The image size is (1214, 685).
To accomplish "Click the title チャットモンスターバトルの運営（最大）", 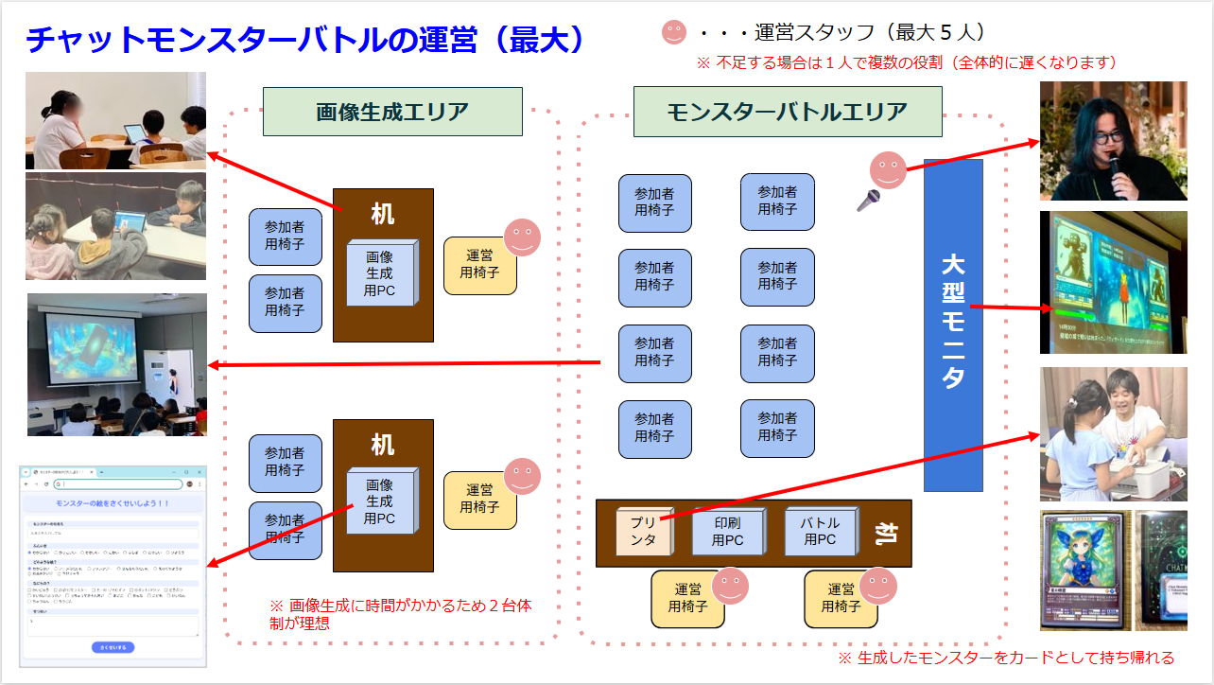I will (x=304, y=40).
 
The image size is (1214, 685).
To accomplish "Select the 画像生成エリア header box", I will (x=392, y=112).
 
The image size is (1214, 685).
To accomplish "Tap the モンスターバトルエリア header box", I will (x=787, y=112).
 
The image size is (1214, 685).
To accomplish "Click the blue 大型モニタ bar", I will (x=953, y=325).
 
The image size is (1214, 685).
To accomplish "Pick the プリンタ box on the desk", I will (x=643, y=532).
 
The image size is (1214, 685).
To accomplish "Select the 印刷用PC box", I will (x=726, y=532).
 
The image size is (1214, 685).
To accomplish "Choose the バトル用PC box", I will (x=820, y=532).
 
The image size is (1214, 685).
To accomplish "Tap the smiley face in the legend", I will (x=673, y=33).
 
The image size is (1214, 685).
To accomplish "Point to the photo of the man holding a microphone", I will (x=1113, y=141).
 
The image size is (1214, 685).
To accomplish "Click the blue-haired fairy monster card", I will (x=1084, y=571).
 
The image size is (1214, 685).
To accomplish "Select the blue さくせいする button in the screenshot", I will (x=113, y=647).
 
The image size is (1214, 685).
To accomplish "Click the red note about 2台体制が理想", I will (x=401, y=613).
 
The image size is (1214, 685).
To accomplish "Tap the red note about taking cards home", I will (x=1006, y=658).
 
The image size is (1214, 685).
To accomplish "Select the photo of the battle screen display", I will (x=1113, y=282).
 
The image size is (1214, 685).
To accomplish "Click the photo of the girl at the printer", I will (x=1113, y=434).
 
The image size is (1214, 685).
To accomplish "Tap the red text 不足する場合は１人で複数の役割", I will (x=907, y=62).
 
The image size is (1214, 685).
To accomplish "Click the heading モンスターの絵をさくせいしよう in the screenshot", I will (x=113, y=503).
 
